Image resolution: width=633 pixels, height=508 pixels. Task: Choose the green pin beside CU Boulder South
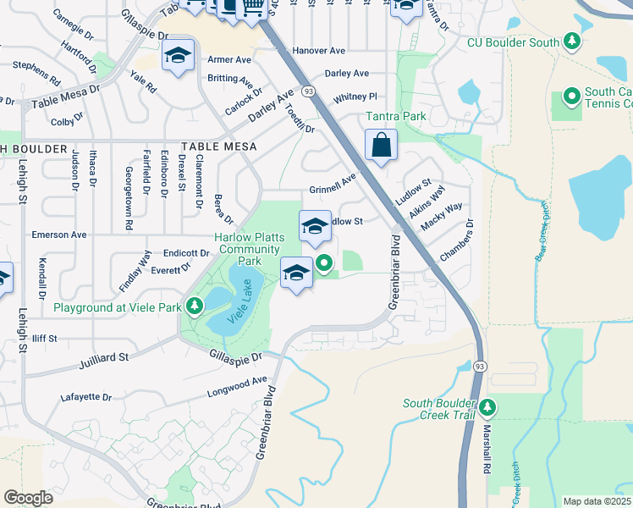[x=572, y=41]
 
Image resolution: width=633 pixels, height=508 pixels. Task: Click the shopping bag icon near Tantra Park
[x=382, y=145]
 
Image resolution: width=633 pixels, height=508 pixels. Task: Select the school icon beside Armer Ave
[x=178, y=56]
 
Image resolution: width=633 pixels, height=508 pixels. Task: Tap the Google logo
[x=28, y=498]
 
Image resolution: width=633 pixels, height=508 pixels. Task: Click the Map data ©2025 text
[x=597, y=501]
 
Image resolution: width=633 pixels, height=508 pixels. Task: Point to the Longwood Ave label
[x=237, y=387]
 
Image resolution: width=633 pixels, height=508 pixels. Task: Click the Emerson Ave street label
[x=59, y=235]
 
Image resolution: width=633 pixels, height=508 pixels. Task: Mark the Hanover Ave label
[x=319, y=52]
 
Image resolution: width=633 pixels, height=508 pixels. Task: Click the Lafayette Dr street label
[x=86, y=396]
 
